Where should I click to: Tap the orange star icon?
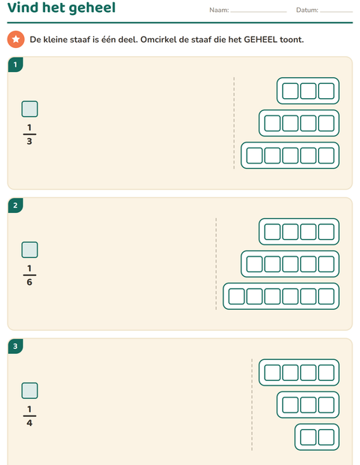(x=16, y=39)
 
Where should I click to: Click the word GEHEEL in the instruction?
(x=260, y=40)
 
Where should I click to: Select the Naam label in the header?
(x=219, y=10)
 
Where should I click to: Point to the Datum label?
(x=307, y=10)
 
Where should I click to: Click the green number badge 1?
(x=16, y=64)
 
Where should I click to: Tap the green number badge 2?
(x=16, y=205)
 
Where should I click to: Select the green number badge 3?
(x=16, y=346)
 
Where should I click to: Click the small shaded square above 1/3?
(x=30, y=109)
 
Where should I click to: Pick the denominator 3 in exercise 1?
(x=29, y=141)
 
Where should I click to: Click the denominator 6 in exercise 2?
(x=29, y=282)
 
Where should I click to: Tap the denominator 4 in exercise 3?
(x=29, y=423)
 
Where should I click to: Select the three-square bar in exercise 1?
(x=308, y=91)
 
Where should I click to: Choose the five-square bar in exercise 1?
(x=290, y=155)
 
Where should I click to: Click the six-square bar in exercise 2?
(x=281, y=296)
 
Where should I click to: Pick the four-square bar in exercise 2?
(x=299, y=232)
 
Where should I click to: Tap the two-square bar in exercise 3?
(x=317, y=437)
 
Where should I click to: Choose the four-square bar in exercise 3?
(x=299, y=373)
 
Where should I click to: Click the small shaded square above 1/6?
(x=30, y=250)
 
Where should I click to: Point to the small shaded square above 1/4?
(x=30, y=391)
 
